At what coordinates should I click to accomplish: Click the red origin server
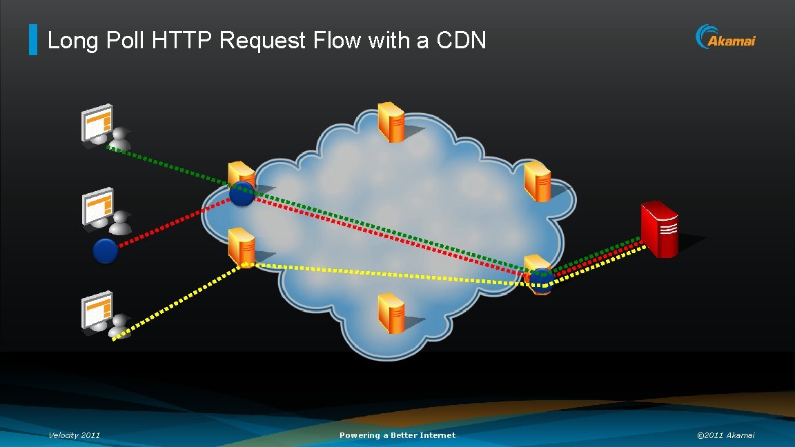tap(658, 229)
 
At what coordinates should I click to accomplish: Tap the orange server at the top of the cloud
tap(391, 121)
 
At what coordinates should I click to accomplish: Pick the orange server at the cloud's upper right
tap(538, 181)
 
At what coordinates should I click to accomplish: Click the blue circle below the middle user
tap(106, 250)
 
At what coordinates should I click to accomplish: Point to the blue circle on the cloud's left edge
tap(242, 194)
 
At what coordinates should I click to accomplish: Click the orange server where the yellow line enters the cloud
tap(242, 246)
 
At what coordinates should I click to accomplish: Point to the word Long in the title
tap(69, 41)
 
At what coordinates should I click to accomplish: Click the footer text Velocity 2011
tap(74, 435)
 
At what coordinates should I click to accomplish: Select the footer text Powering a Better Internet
tap(397, 435)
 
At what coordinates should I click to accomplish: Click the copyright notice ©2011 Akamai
tap(725, 435)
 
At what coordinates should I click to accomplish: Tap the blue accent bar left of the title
tap(33, 40)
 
